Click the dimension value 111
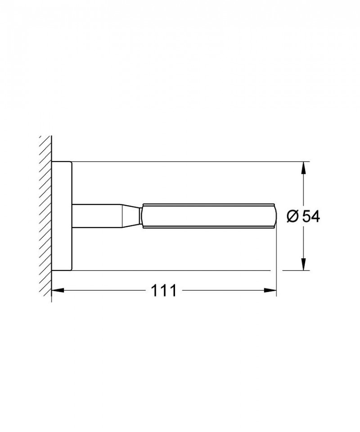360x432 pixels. point(163,291)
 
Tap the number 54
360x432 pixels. point(310,217)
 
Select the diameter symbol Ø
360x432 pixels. point(292,217)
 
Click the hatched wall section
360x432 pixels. point(45,216)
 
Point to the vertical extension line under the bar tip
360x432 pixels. point(276,261)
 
